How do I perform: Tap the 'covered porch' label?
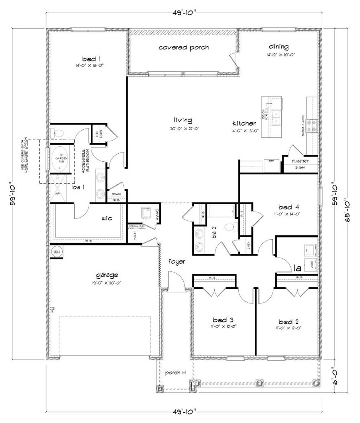tap(184, 47)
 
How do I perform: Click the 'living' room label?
tap(183, 120)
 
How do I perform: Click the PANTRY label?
tap(300, 161)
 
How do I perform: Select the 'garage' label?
tap(107, 275)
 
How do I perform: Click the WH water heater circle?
tap(56, 252)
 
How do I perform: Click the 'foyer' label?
tap(177, 262)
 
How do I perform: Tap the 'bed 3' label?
tap(223, 319)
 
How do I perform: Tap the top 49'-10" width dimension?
tap(183, 14)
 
